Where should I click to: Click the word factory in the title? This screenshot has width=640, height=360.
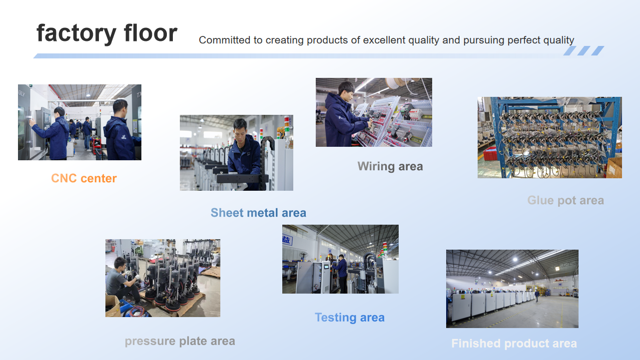coord(76,33)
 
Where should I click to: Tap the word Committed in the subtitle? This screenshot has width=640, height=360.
coord(224,40)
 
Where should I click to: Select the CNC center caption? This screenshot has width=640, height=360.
coord(84,178)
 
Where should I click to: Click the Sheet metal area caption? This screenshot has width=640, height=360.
coord(258,213)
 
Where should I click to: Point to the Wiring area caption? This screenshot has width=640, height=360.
coord(390,166)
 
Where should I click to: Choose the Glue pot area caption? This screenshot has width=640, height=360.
coord(566,200)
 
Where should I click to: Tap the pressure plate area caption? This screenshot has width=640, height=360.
coord(180,342)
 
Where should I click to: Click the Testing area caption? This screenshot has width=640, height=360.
coord(349,318)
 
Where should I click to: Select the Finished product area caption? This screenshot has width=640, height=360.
coord(514,344)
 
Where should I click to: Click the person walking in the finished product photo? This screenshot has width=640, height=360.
coord(537,296)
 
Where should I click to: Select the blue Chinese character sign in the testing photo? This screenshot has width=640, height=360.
coord(287,240)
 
